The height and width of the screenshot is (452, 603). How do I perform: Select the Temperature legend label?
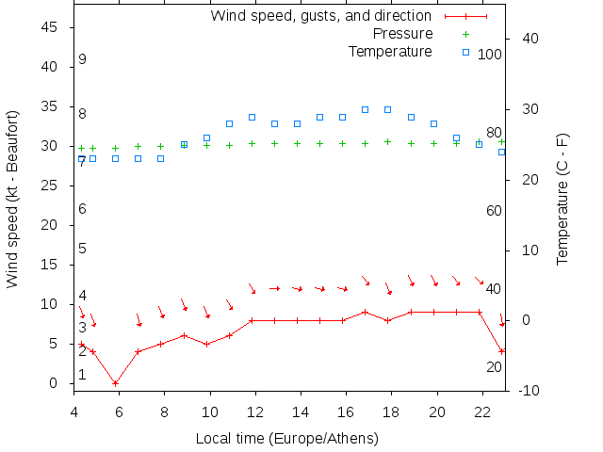(x=390, y=51)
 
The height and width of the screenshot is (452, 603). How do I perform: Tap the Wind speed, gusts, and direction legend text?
(x=320, y=16)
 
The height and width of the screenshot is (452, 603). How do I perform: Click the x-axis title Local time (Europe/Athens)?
(x=286, y=438)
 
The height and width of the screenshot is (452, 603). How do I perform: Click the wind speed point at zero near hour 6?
(x=115, y=383)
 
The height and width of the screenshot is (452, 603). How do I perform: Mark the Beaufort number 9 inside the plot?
(x=83, y=59)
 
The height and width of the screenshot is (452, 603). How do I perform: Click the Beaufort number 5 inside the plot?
(x=83, y=249)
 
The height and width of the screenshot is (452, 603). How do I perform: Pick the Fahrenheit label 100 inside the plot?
(x=490, y=54)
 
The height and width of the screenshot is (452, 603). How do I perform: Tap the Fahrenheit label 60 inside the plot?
(x=494, y=211)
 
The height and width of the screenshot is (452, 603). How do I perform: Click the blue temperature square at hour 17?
(x=366, y=109)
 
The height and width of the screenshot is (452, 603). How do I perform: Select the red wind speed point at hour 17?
(x=366, y=312)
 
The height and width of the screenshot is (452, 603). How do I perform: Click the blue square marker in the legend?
(x=465, y=51)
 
